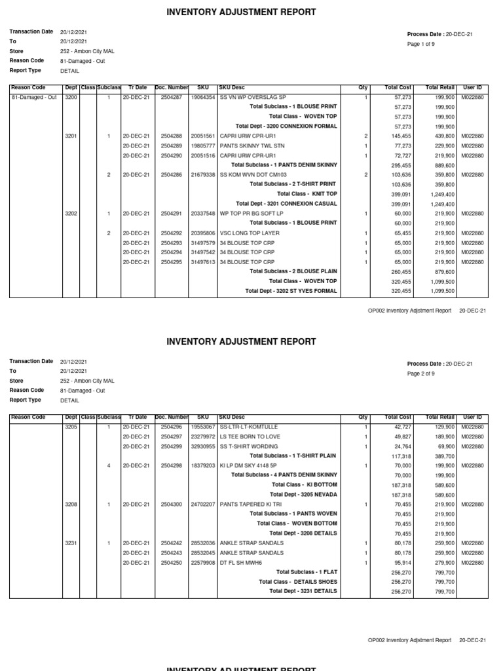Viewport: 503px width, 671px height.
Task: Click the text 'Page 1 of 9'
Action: click(x=421, y=44)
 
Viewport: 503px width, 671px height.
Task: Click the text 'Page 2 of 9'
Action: click(x=421, y=374)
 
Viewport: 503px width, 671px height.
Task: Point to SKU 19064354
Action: click(x=203, y=97)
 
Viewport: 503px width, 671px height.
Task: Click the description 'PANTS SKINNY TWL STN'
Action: click(x=251, y=145)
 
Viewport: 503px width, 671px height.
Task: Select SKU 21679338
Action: click(x=203, y=175)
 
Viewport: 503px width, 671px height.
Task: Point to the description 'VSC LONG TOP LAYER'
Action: click(x=250, y=233)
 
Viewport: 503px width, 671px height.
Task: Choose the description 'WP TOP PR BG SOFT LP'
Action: click(x=251, y=214)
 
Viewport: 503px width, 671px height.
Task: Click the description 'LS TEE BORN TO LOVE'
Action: click(x=250, y=436)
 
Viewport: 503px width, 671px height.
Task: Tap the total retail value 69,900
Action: click(x=445, y=446)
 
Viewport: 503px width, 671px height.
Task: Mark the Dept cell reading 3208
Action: click(x=71, y=505)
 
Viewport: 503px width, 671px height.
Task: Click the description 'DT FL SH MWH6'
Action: click(x=241, y=563)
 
